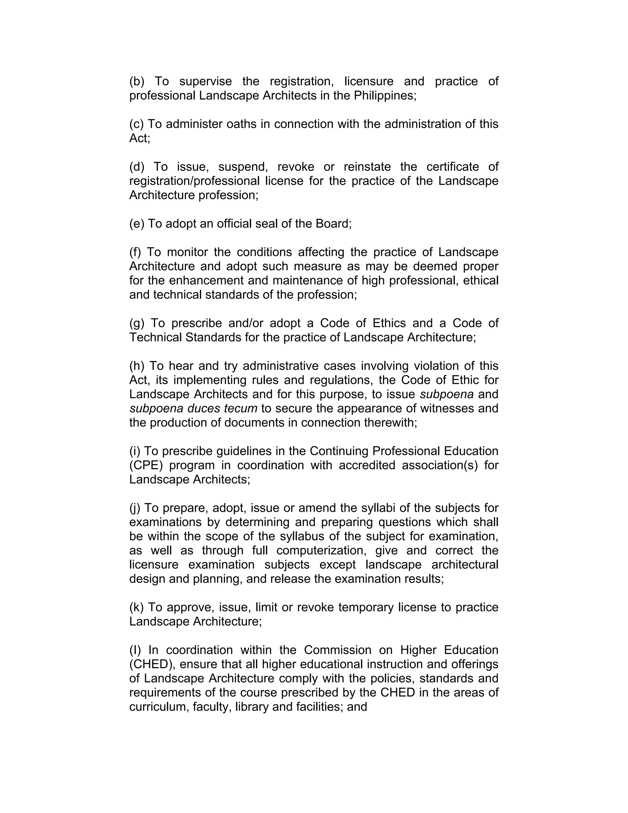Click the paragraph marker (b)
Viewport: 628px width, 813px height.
pyautogui.click(x=136, y=81)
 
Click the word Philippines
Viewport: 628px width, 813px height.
pyautogui.click(x=383, y=96)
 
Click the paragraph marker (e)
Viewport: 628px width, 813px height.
pyautogui.click(x=136, y=223)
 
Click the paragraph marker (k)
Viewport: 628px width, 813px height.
pyautogui.click(x=136, y=607)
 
